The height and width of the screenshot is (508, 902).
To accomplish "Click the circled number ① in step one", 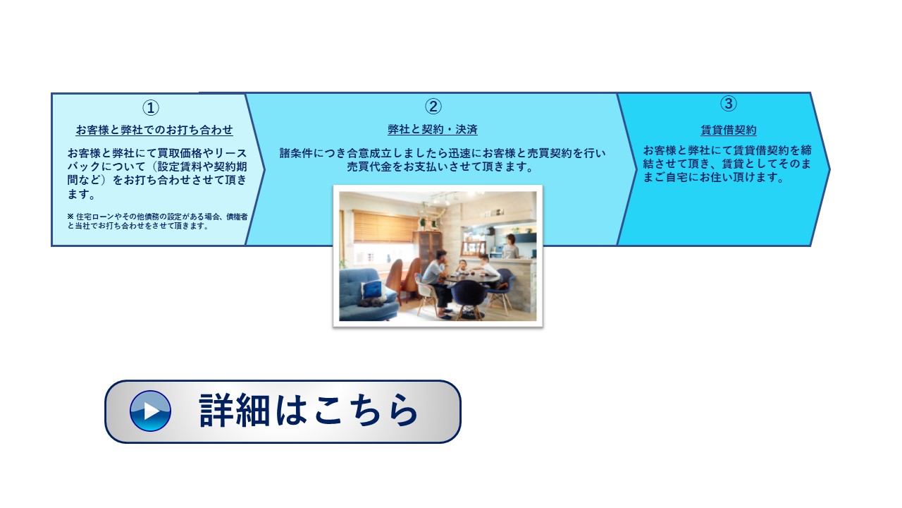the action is (x=151, y=108).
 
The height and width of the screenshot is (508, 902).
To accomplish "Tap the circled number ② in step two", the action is (x=433, y=107).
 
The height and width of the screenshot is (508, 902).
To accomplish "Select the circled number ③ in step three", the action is (x=729, y=103).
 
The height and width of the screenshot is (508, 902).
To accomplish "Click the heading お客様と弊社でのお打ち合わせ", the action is (x=154, y=130).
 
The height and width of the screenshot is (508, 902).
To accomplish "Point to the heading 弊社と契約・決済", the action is (x=433, y=129).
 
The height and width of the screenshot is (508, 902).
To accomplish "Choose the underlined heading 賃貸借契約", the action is (x=729, y=130).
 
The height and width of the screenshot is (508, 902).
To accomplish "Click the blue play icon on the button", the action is (x=150, y=411).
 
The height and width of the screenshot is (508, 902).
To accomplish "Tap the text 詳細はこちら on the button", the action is (x=309, y=411).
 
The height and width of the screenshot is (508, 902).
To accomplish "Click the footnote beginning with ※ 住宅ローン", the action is (x=157, y=222).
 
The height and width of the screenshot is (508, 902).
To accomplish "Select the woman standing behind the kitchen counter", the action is (x=510, y=246).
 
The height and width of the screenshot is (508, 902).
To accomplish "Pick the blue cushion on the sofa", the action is (x=373, y=290).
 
